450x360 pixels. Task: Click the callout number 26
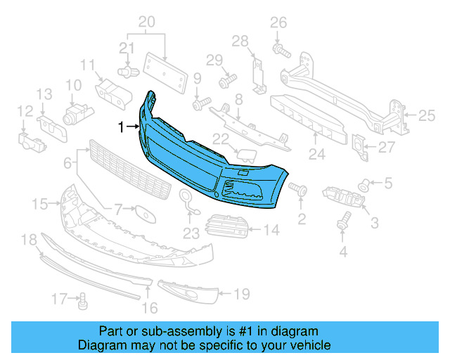pyautogui.click(x=279, y=22)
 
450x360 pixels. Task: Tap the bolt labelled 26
pyautogui.click(x=281, y=50)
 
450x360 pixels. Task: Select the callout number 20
pyautogui.click(x=146, y=22)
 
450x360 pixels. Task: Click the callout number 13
pyautogui.click(x=44, y=94)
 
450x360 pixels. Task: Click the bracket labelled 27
pyautogui.click(x=359, y=147)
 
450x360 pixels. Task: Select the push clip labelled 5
pyautogui.click(x=366, y=185)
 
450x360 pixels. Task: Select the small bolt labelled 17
pyautogui.click(x=82, y=302)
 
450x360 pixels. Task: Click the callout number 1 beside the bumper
pyautogui.click(x=121, y=127)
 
